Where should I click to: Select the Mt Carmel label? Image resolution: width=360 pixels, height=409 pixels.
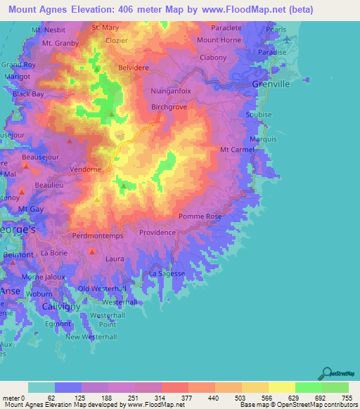pos(237,150)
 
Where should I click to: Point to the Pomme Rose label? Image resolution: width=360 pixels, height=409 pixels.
pos(200,216)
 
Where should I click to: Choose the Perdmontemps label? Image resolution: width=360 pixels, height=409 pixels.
pos(98,236)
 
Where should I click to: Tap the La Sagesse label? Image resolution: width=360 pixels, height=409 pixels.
pos(167,273)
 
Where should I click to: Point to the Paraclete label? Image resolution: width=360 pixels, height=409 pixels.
pos(226,27)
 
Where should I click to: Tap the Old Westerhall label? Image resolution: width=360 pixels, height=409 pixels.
pos(102,289)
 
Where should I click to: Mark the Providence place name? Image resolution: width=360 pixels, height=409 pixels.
pos(157,232)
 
